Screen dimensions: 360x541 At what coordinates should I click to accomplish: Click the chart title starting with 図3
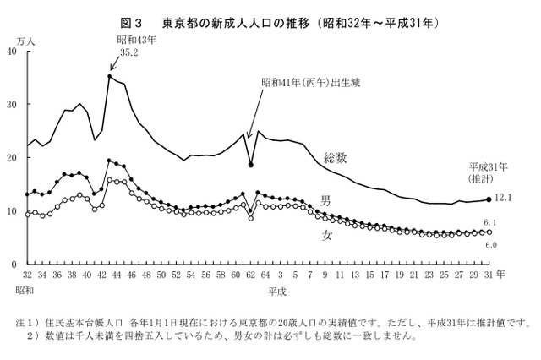270,21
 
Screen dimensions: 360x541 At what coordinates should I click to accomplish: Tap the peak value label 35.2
128,52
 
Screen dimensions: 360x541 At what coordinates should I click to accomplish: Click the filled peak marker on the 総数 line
110,77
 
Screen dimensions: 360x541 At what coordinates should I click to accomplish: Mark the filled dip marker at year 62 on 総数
250,165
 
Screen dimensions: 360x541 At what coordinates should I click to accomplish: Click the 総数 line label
337,159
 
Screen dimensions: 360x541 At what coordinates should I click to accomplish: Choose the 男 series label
325,200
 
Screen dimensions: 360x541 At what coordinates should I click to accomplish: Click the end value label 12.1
505,198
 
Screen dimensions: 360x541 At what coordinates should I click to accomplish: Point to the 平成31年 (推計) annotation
485,173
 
